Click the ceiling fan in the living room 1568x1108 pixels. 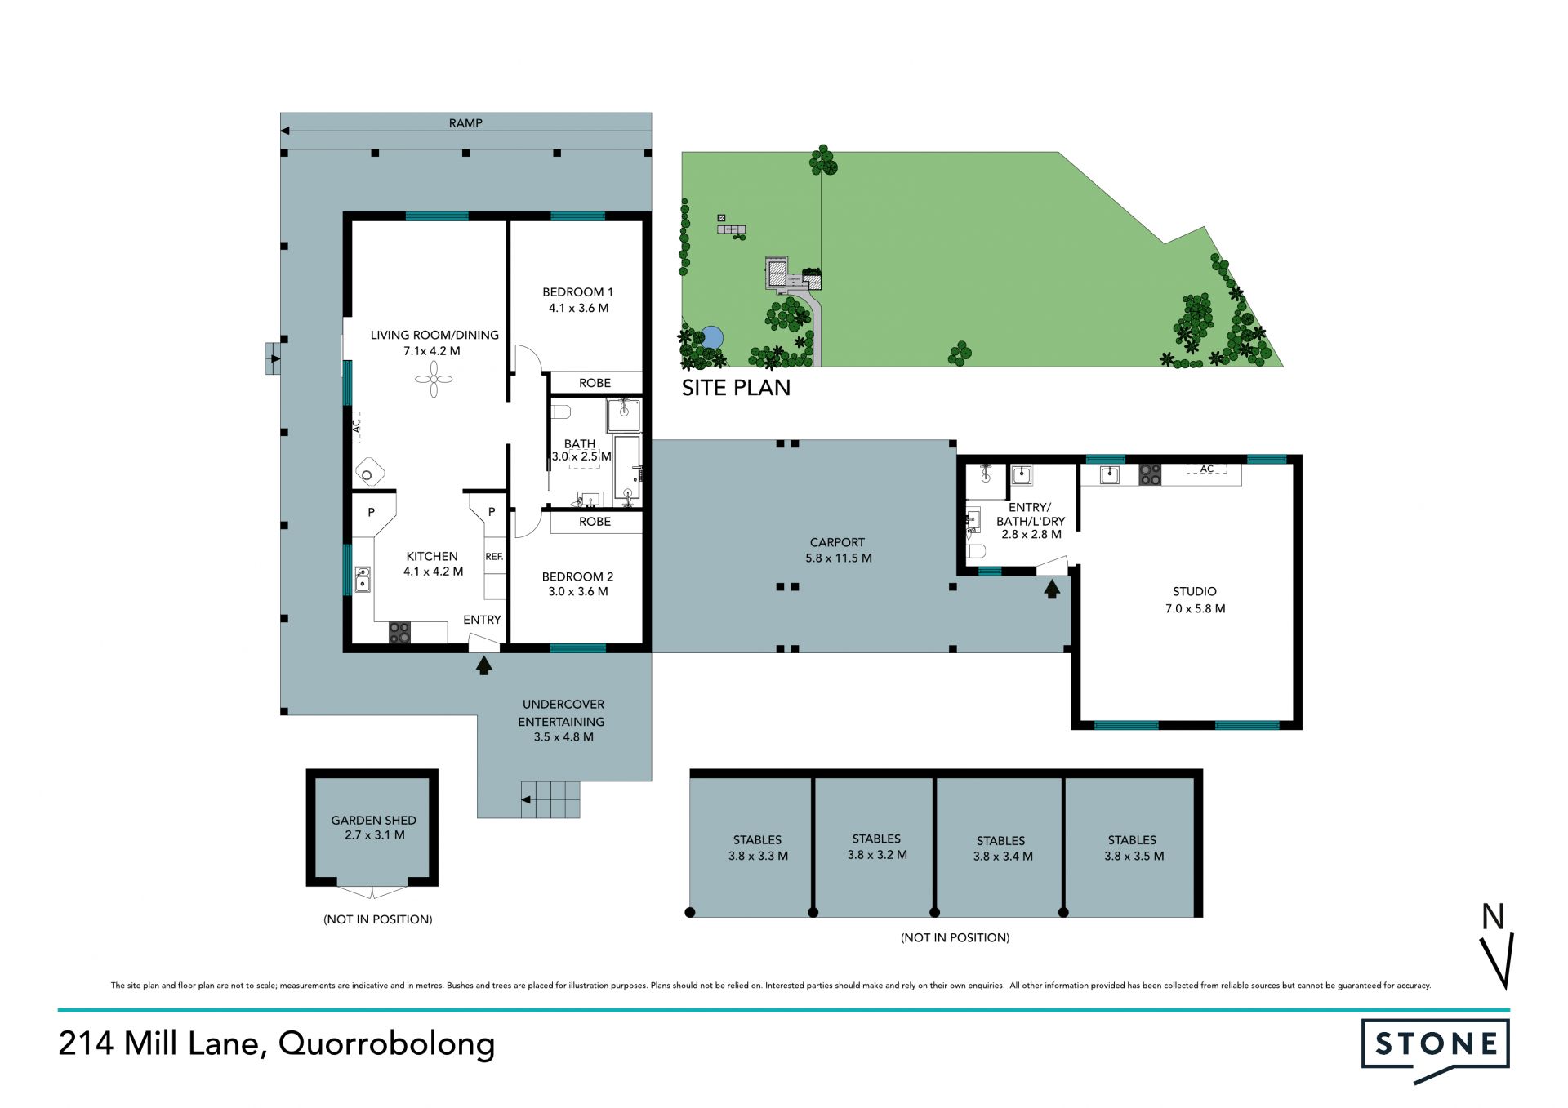pos(434,379)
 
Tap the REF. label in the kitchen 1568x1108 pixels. pos(494,557)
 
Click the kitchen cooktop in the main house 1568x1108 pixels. pos(399,632)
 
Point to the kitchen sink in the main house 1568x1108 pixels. pos(362,580)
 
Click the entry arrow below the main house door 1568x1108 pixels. pos(484,665)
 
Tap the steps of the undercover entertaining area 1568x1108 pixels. pos(550,799)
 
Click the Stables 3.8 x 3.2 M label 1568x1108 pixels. pos(877,847)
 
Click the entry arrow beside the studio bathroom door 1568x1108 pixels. pos(1052,588)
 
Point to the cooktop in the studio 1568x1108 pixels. pos(1150,474)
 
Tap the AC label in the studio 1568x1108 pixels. pos(1207,469)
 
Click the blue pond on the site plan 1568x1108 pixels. pos(712,337)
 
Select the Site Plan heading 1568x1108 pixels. pos(736,388)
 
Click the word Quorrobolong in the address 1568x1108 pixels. pos(387,1044)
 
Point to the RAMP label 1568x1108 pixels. pos(465,123)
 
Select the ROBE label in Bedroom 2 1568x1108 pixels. pos(595,522)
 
